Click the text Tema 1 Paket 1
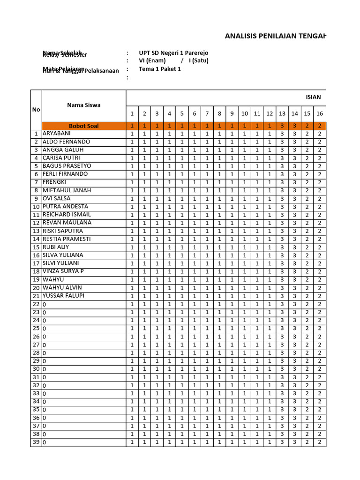[159, 69]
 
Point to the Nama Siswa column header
[83, 105]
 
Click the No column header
[36, 109]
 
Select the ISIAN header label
[313, 97]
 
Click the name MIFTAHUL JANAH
[67, 190]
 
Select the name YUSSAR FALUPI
[65, 296]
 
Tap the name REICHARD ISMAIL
[67, 215]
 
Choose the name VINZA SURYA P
[63, 271]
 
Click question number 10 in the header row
[245, 113]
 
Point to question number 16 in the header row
[319, 113]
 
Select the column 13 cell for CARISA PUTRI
[282, 158]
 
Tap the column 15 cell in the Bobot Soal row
[307, 126]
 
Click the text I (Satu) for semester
[199, 60]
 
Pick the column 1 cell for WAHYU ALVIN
[132, 288]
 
